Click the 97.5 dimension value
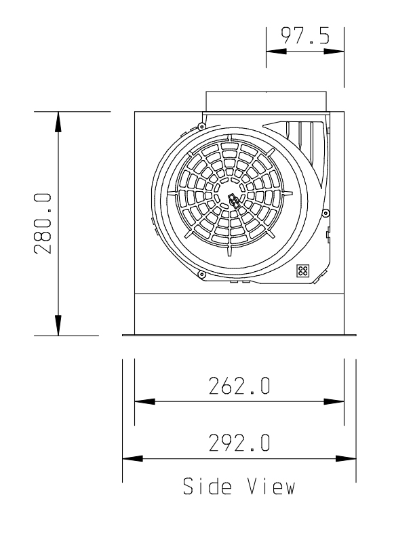point(305,35)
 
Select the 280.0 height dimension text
point(43,224)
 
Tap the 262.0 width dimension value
point(239,386)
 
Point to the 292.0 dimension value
point(239,443)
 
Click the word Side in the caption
point(208,486)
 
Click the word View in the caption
point(271,486)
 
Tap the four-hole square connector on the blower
point(303,270)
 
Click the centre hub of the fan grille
point(233,200)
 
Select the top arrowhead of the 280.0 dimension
point(58,122)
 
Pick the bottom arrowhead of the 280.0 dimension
point(58,325)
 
